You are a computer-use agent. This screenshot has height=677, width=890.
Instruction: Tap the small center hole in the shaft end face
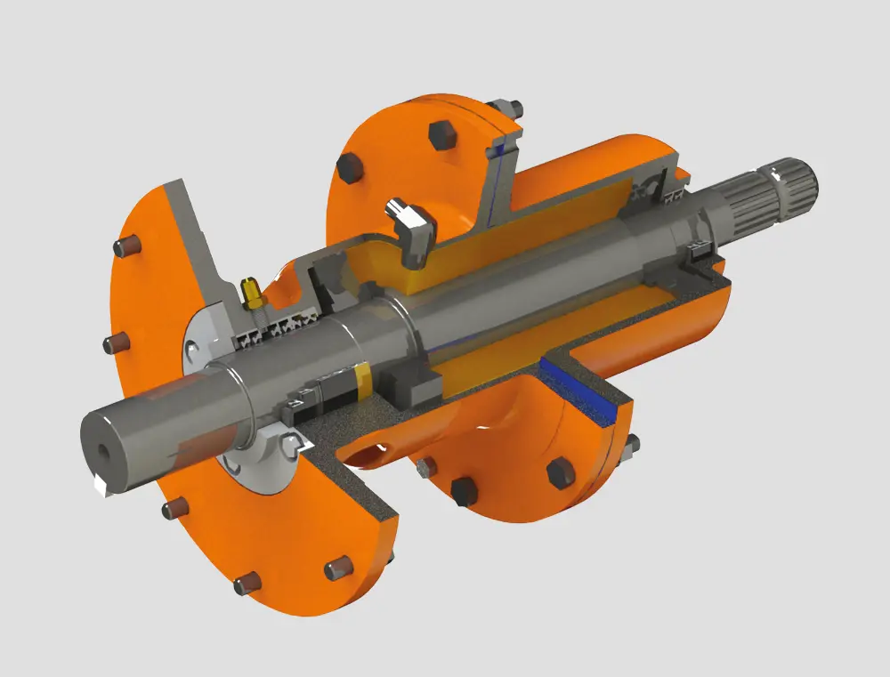pyautogui.click(x=103, y=452)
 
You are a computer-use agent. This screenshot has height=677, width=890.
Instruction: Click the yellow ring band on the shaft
pyautogui.click(x=364, y=380)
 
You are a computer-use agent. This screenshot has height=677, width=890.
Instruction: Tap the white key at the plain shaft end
pyautogui.click(x=101, y=485)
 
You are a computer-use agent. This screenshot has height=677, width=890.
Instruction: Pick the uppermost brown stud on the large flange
pyautogui.click(x=122, y=248)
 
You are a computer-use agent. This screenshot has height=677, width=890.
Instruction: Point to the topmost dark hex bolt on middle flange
pyautogui.click(x=442, y=134)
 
